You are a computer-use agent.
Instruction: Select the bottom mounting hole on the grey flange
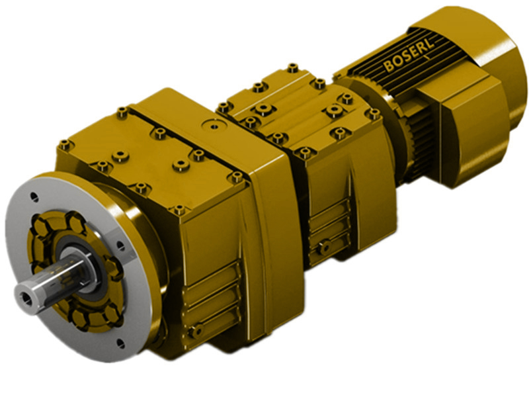[x=122, y=343]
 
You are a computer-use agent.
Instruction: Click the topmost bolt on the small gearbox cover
[x=292, y=67]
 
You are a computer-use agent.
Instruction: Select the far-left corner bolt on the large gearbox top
[x=64, y=144]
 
